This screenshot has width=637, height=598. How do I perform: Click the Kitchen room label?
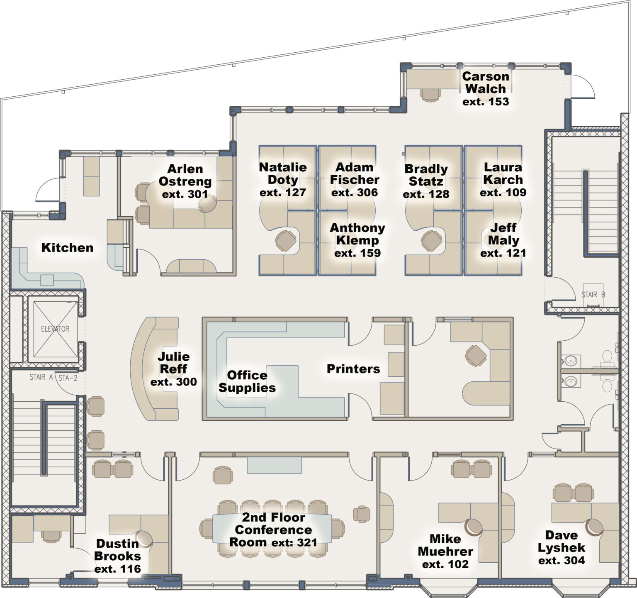click(67, 248)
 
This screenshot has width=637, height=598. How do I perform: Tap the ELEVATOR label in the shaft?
click(55, 329)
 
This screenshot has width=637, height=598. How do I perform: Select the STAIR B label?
click(593, 295)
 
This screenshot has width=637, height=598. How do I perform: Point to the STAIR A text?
click(41, 377)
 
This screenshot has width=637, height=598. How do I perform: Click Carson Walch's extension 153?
click(486, 102)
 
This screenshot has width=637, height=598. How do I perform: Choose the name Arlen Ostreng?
click(185, 175)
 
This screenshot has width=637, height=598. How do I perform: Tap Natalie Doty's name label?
click(283, 173)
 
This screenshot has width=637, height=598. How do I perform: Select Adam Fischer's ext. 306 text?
click(355, 193)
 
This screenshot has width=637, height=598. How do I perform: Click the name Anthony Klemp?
click(357, 234)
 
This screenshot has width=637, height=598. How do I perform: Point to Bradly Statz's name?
click(426, 175)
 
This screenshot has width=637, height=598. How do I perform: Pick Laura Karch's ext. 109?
click(503, 193)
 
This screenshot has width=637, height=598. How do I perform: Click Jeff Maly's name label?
click(503, 234)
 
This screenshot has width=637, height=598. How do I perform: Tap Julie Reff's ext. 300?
click(173, 382)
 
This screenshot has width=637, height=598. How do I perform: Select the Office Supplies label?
click(247, 381)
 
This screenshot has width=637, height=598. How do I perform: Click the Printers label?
click(353, 369)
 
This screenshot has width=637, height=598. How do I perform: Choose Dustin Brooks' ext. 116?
click(118, 569)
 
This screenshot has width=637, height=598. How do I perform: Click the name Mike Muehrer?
click(445, 545)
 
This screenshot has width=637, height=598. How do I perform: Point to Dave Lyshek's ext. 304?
click(562, 561)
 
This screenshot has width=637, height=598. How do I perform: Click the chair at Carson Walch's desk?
click(430, 95)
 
